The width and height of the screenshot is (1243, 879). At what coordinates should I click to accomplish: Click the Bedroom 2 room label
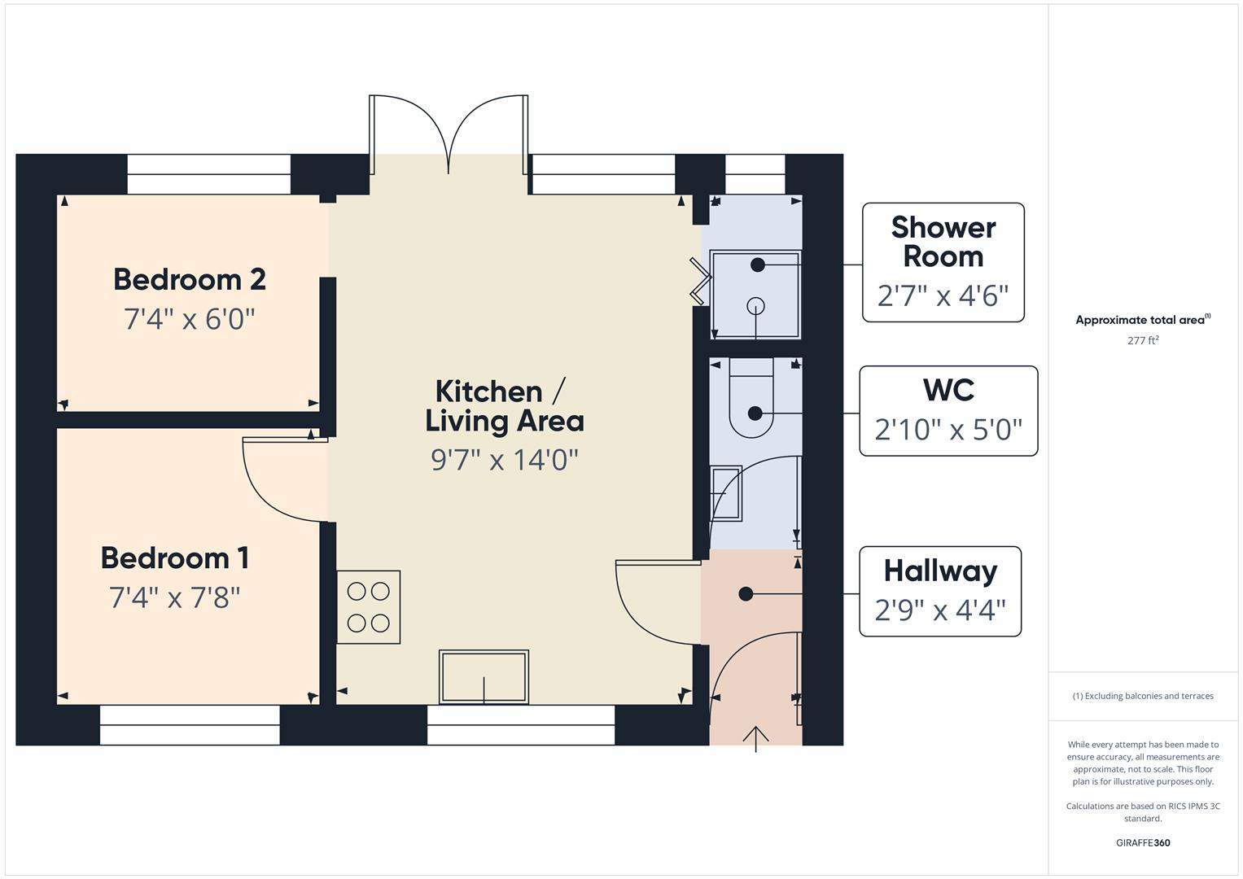click(x=189, y=279)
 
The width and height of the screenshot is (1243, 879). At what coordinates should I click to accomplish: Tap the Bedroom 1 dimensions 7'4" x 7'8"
click(x=174, y=598)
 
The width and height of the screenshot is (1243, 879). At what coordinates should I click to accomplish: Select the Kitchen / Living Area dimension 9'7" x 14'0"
click(x=504, y=460)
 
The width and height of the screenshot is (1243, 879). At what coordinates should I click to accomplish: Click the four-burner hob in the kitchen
click(x=368, y=607)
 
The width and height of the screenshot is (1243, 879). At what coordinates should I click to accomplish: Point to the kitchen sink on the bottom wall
click(x=484, y=676)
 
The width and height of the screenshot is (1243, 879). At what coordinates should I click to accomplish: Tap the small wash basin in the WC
click(x=725, y=493)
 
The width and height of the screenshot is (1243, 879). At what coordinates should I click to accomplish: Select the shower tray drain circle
click(x=756, y=307)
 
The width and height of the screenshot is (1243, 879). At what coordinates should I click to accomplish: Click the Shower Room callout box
click(x=943, y=262)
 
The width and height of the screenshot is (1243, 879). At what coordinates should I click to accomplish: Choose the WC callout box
click(x=948, y=411)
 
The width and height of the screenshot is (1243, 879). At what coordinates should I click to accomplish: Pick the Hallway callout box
click(x=940, y=591)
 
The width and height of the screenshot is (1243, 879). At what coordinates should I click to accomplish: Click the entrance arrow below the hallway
click(x=756, y=738)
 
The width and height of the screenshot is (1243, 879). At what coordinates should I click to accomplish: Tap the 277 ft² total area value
click(x=1143, y=341)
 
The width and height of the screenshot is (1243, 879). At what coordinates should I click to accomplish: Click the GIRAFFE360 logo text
click(x=1143, y=843)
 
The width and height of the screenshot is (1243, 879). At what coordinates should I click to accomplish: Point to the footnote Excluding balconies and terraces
click(x=1143, y=696)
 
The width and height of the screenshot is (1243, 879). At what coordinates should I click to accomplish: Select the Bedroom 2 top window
click(x=208, y=174)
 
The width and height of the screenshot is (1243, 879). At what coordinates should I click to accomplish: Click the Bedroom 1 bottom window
click(x=190, y=724)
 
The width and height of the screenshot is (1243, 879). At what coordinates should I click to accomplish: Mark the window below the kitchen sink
click(x=521, y=724)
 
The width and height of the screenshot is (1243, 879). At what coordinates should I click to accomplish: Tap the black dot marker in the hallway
click(x=746, y=594)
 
